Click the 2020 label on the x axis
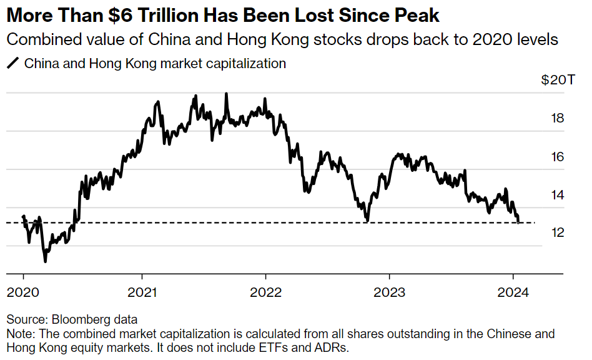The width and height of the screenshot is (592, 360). pos(24,292)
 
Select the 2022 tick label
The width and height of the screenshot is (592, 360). pos(265,292)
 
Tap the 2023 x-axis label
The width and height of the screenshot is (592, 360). pos(389,292)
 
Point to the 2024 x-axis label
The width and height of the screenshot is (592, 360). pos(513,292)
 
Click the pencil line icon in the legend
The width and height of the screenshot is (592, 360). pos(12,63)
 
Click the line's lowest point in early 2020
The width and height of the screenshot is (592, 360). pos(45,261)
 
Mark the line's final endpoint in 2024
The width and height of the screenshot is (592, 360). pos(519,222)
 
